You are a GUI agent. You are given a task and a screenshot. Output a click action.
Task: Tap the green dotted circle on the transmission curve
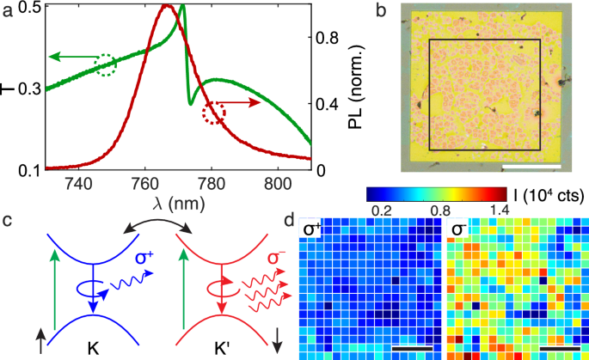click(x=105, y=64)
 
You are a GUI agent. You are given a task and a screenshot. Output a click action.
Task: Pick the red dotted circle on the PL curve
click(x=214, y=113)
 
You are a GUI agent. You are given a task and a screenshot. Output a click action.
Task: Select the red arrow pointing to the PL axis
click(x=245, y=102)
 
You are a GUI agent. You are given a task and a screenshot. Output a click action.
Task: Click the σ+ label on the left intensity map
click(x=308, y=228)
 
